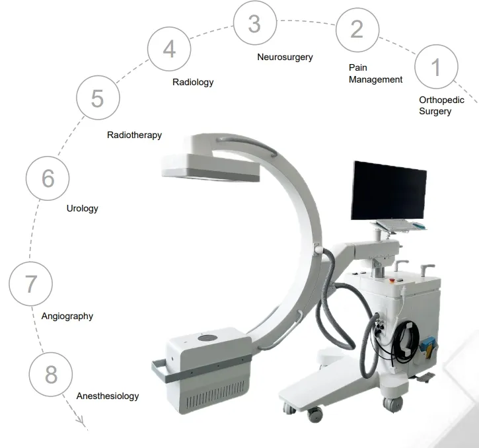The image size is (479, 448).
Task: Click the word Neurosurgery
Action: pyautogui.click(x=285, y=57)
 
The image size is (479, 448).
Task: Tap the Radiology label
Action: pyautogui.click(x=193, y=82)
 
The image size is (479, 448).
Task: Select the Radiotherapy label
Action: pyautogui.click(x=134, y=135)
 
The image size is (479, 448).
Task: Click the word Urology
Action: pyautogui.click(x=83, y=209)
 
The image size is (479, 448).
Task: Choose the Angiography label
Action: pyautogui.click(x=67, y=317)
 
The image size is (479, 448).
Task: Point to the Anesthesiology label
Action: pyautogui.click(x=108, y=396)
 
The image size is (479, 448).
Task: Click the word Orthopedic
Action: pyautogui.click(x=442, y=100)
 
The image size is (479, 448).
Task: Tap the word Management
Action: pyautogui.click(x=376, y=79)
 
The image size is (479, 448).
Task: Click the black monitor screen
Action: pyautogui.click(x=388, y=190)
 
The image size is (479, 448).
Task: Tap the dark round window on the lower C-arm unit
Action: pyautogui.click(x=207, y=338)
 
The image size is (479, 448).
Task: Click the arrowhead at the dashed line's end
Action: pyautogui.click(x=81, y=421)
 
